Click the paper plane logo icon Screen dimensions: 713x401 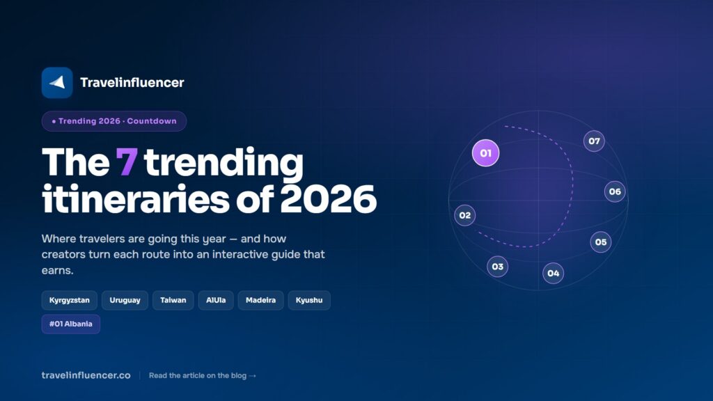pos(57,83)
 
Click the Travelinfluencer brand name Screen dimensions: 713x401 pos(132,82)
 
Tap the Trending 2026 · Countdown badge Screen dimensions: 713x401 pos(114,121)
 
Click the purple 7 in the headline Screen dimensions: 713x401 pos(127,162)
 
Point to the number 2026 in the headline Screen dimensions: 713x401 pos(329,199)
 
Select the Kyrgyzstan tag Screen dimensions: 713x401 pos(69,300)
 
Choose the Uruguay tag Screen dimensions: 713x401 pos(125,300)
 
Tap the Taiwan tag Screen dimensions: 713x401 pos(173,300)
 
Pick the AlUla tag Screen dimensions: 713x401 pos(216,300)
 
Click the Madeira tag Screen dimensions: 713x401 pos(260,300)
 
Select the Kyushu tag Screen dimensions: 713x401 pos(309,300)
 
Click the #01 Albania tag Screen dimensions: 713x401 pos(71,324)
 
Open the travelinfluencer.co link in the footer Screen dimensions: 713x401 pos(86,375)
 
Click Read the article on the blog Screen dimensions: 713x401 pos(203,375)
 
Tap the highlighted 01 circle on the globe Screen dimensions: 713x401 pos(485,153)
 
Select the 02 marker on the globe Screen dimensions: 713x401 pos(464,215)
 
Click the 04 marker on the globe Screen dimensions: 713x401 pos(554,273)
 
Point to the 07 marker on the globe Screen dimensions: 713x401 pos(595,141)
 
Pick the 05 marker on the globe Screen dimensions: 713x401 pos(601,242)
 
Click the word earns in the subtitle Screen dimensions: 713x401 pos(57,271)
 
